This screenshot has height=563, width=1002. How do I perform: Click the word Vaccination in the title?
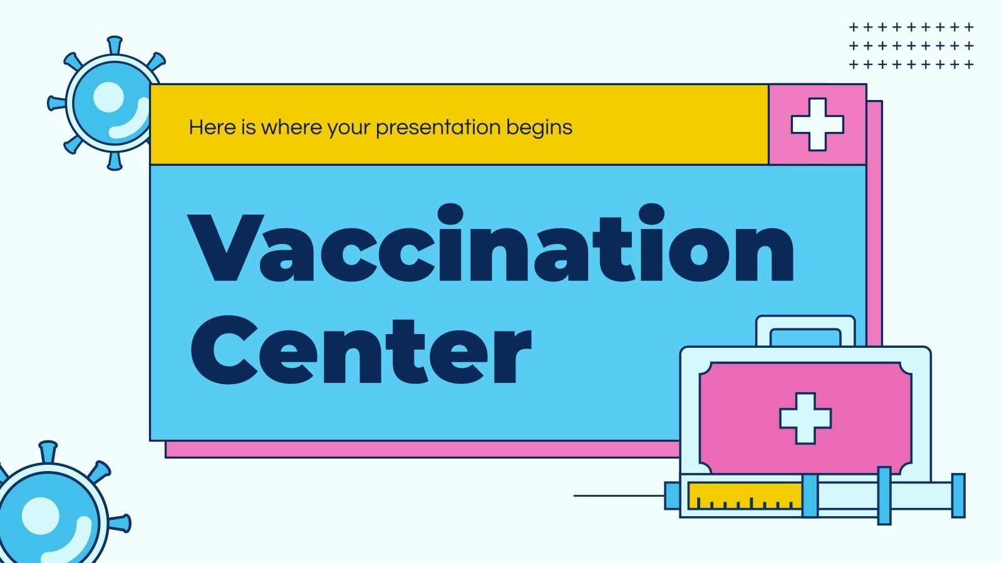tap(492, 247)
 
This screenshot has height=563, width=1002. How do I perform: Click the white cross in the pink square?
tap(817, 124)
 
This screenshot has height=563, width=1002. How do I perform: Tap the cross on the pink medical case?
tap(805, 418)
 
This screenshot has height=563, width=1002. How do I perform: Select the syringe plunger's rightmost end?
tap(958, 495)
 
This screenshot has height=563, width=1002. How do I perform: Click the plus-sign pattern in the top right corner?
tap(911, 46)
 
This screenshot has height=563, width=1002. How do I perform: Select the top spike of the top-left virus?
tap(114, 45)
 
